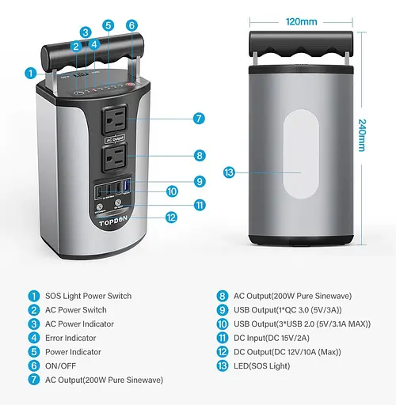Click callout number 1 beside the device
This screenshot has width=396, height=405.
pyautogui.click(x=30, y=73)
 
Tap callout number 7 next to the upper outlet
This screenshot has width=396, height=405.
pyautogui.click(x=199, y=119)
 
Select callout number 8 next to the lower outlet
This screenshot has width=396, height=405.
pyautogui.click(x=199, y=156)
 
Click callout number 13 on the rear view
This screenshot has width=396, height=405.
pyautogui.click(x=230, y=172)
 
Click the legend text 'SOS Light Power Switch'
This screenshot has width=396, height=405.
pyautogui.click(x=89, y=296)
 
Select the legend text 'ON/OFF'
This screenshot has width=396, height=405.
pyautogui.click(x=61, y=366)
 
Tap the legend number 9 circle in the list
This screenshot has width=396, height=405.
pyautogui.click(x=223, y=310)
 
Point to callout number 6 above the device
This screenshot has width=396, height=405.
pyautogui.click(x=131, y=25)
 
